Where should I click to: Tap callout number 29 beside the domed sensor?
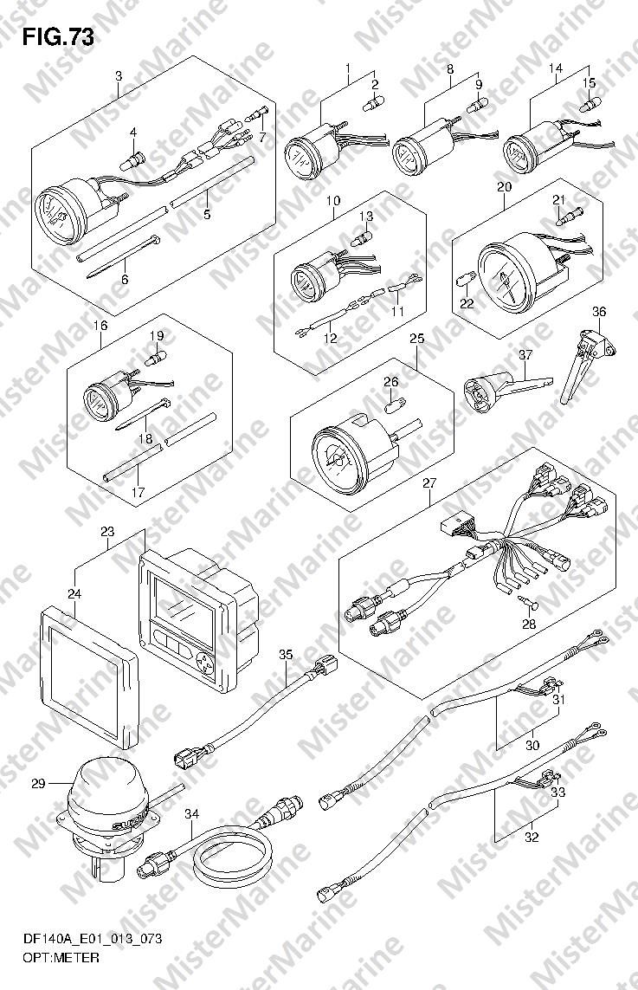coord(37,784)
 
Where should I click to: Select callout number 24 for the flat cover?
coord(74,593)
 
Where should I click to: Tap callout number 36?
coord(599,312)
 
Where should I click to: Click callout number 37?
coord(524,354)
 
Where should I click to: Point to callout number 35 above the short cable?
coord(287,655)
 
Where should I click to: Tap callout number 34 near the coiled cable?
coord(192,813)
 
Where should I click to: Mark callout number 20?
coord(505,187)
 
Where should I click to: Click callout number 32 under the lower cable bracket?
coord(532,837)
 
